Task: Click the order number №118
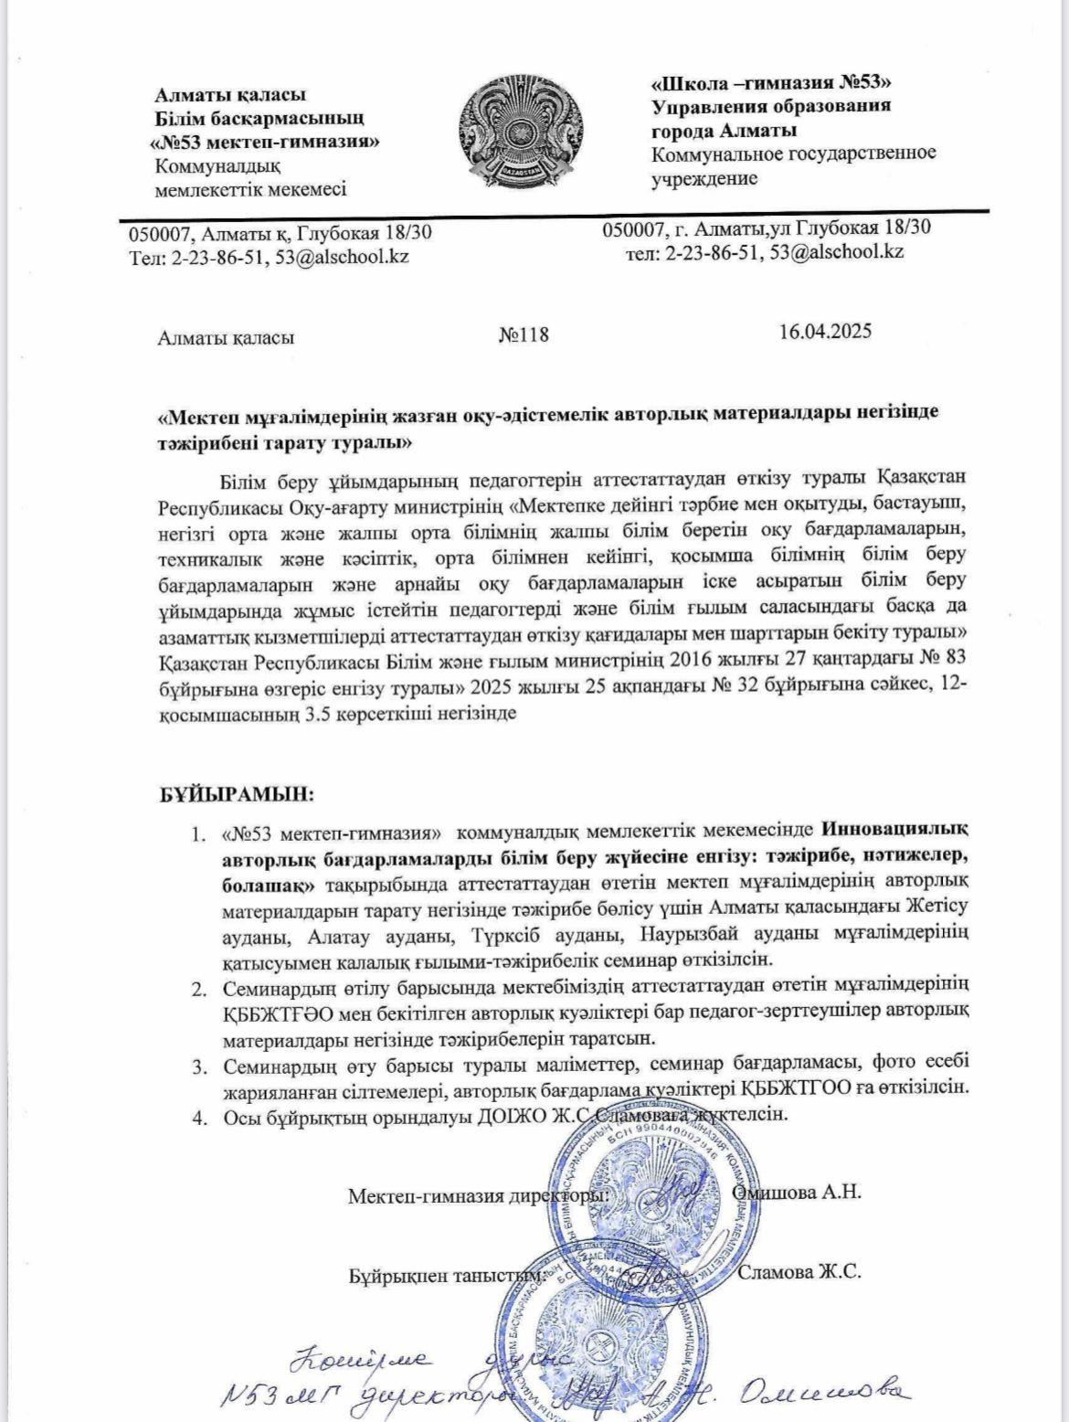pos(524,334)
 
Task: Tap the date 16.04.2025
pos(825,331)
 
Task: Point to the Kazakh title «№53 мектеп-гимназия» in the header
pos(264,143)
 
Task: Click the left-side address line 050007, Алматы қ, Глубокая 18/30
pos(280,234)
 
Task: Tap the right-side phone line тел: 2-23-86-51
pos(765,252)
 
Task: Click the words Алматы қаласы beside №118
pos(226,337)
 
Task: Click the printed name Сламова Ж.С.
pos(799,1272)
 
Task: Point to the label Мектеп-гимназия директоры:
pos(478,1196)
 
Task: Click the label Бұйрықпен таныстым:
pos(448,1276)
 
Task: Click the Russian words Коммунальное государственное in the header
pos(793,154)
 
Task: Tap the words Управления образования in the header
pos(770,106)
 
